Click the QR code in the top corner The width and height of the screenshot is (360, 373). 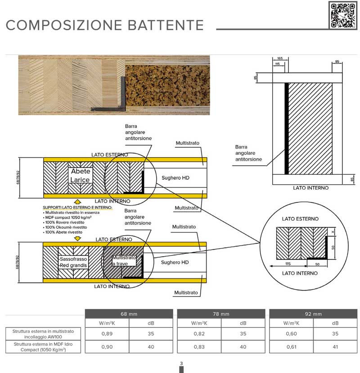tap(343, 15)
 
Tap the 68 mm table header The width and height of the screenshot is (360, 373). tap(129, 314)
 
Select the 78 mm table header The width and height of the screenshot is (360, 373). tap(221, 314)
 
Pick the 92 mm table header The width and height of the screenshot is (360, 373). tap(313, 314)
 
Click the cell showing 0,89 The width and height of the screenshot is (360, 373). tap(107, 334)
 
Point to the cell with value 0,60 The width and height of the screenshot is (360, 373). tap(291, 334)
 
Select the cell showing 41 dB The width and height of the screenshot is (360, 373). tap(335, 347)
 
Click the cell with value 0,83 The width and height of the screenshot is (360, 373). tap(199, 347)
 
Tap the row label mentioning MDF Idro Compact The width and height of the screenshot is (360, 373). tap(43, 347)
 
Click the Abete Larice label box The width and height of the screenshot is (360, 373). tap(80, 176)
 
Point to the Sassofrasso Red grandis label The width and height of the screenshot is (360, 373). tap(73, 262)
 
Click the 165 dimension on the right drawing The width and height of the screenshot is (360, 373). tap(279, 59)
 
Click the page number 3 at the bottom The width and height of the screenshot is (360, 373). tap(181, 363)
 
